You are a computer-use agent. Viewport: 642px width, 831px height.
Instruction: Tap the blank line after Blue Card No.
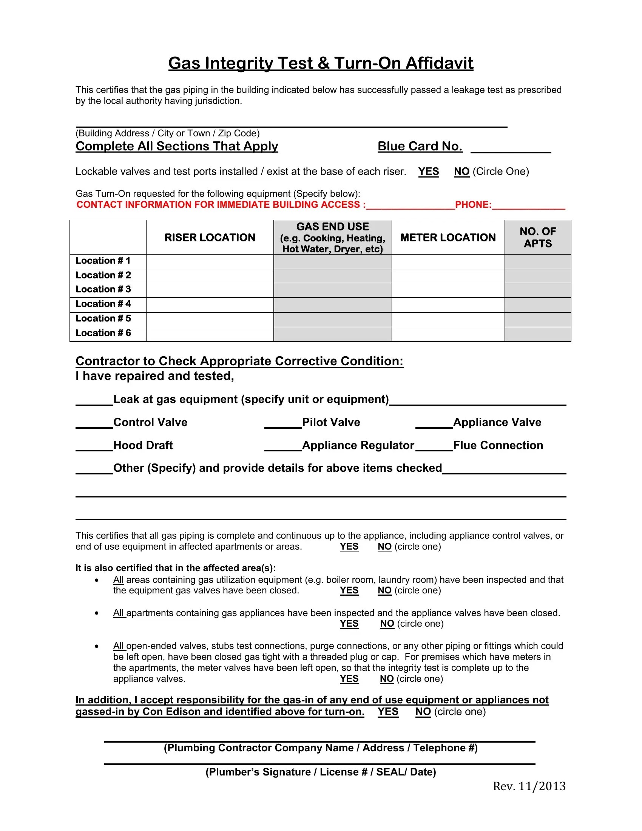pos(511,148)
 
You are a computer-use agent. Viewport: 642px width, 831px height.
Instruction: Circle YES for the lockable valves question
pos(428,171)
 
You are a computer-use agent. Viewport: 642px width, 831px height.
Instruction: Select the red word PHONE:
pos(473,205)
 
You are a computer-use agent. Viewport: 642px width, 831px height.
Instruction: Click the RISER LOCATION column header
pos(210,238)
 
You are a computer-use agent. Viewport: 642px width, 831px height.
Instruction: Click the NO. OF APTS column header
pos(537,238)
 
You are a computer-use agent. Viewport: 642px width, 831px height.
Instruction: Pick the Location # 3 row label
pos(103,290)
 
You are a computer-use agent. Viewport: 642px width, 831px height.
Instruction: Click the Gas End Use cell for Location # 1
pos(332,261)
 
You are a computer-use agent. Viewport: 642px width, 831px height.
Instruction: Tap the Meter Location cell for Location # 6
pos(448,334)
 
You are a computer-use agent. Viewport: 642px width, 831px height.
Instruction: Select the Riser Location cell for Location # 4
pos(210,304)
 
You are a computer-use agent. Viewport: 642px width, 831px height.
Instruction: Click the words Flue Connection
pos(498,445)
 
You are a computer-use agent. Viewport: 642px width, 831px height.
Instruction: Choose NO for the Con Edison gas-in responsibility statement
pos(423,712)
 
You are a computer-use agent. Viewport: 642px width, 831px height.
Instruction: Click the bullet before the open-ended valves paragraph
pos(97,646)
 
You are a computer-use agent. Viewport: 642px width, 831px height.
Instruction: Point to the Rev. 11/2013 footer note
pos(529,786)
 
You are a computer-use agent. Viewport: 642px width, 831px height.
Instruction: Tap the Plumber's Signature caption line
pos(320,772)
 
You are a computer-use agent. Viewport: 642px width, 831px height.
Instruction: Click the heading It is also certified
pos(175,568)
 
